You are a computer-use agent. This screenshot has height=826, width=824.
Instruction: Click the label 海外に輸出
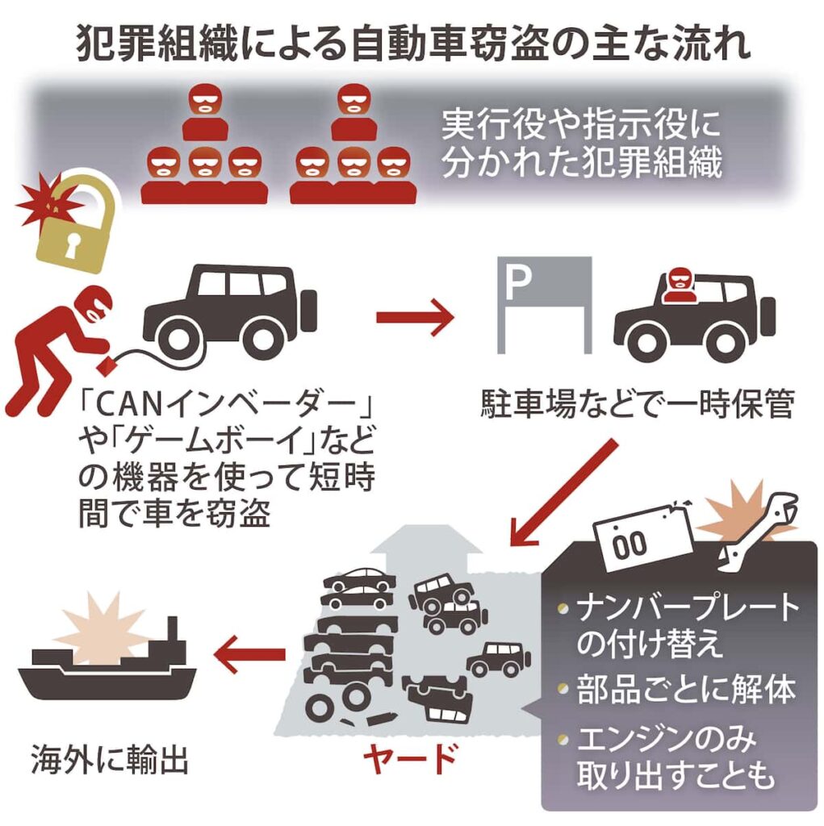tap(110, 759)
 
